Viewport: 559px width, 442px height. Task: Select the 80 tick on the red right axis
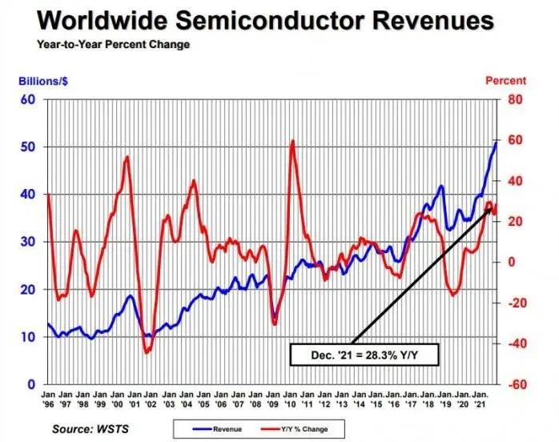point(514,99)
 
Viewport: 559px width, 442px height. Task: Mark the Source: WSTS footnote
point(90,429)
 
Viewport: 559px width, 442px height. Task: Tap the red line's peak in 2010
point(293,142)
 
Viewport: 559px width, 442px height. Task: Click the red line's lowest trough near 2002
point(147,352)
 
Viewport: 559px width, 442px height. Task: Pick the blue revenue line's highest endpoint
point(496,143)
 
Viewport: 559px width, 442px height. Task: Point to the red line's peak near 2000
point(127,157)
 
